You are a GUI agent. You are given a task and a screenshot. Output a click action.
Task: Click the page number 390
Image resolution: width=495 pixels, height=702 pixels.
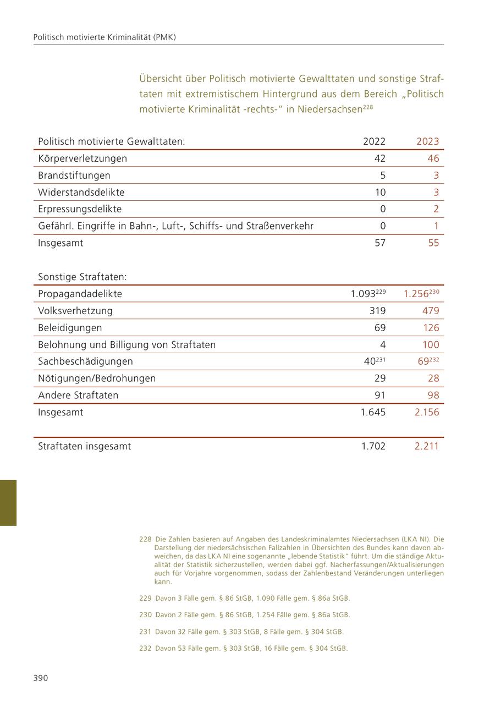41,678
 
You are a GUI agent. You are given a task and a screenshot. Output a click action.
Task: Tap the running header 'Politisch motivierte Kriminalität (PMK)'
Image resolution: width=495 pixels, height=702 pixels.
105,37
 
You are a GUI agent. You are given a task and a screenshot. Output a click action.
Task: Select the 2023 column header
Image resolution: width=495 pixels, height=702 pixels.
427,141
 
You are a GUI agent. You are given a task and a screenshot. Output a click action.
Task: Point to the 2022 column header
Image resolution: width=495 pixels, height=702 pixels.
374,141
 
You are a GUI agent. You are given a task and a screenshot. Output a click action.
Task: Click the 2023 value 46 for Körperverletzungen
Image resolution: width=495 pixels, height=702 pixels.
433,158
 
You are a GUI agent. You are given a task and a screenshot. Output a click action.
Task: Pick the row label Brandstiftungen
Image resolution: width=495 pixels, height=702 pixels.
74,175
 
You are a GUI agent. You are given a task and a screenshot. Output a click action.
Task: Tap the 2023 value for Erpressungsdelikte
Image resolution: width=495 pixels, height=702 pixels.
436,209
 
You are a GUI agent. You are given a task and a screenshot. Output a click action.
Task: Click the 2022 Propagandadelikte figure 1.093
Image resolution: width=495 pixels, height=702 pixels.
363,294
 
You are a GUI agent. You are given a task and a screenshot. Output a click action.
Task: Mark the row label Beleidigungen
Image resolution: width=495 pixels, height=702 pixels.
70,328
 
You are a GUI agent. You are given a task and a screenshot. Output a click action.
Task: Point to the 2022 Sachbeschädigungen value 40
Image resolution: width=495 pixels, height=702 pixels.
370,362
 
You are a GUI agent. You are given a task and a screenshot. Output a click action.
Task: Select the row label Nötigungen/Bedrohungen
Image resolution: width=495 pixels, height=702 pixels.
97,379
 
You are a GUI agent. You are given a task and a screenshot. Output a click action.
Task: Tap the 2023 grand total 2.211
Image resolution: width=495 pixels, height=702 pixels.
427,446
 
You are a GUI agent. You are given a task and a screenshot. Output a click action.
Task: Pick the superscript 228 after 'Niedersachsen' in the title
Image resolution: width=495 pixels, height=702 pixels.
368,107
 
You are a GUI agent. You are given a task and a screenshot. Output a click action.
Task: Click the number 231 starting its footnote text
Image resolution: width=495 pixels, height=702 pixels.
145,632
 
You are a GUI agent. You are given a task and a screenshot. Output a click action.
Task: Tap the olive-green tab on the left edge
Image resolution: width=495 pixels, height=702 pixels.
8,503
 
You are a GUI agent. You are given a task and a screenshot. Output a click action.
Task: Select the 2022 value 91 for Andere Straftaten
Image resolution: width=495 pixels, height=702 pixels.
380,396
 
